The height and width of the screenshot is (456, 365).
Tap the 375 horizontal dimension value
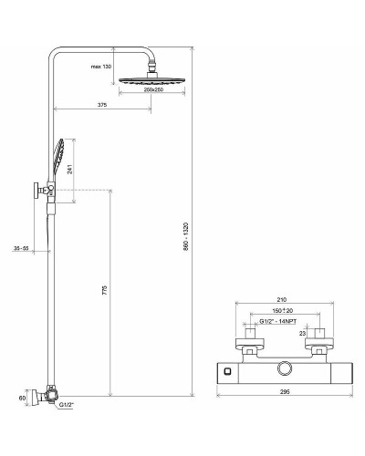(x=101, y=106)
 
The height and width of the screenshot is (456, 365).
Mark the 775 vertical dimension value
(x=104, y=291)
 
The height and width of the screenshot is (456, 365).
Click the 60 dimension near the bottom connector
(x=22, y=398)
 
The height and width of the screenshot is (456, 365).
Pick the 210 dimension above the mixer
(x=282, y=299)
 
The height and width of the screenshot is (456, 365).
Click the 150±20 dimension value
(x=282, y=312)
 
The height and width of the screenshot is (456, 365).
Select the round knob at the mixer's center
(x=286, y=368)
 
